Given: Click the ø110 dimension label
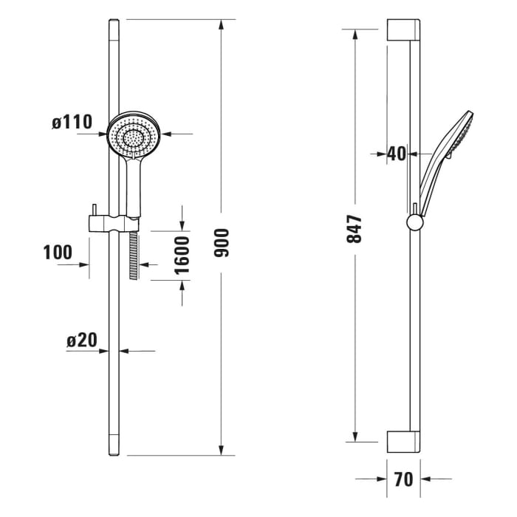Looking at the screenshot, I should click(72, 123).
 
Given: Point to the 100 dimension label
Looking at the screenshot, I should click(58, 253).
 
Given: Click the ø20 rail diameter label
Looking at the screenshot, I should click(81, 340).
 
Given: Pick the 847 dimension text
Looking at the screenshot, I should click(355, 230).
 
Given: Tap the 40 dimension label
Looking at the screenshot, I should click(397, 154).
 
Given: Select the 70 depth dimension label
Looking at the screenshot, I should click(403, 479).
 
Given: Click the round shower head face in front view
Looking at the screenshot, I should click(134, 136).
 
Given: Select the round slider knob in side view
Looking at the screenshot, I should click(415, 222).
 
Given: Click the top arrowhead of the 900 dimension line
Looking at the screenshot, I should click(221, 25).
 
